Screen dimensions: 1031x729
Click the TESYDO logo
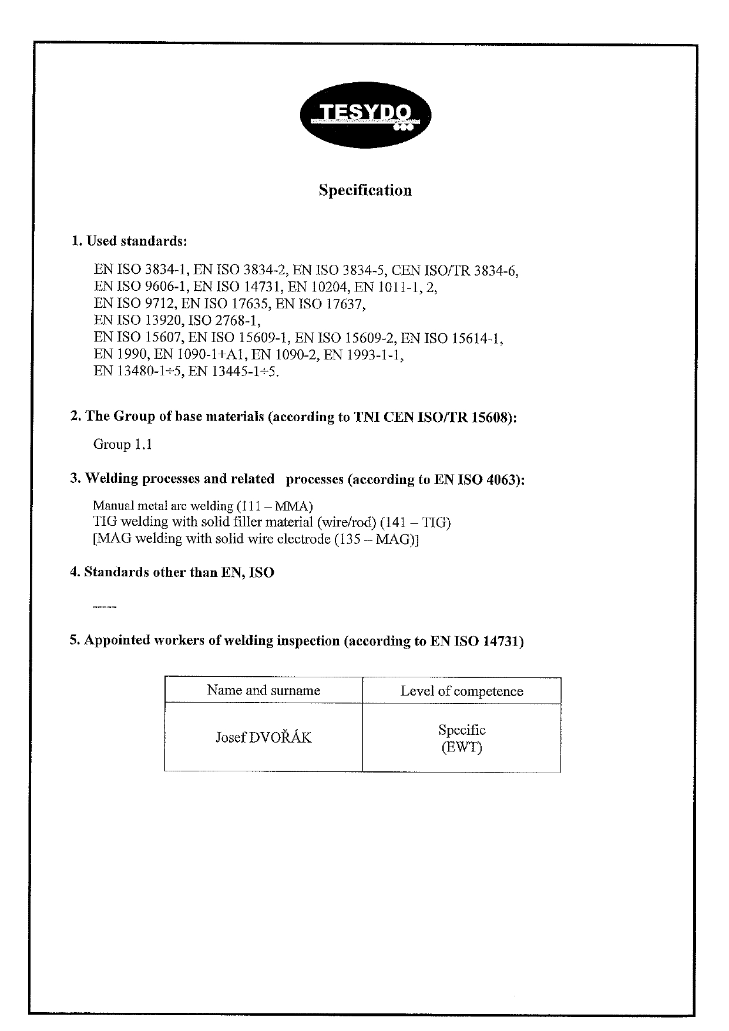pyautogui.click(x=365, y=115)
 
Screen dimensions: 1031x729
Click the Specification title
pyautogui.click(x=365, y=190)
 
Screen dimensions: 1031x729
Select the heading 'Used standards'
pyautogui.click(x=136, y=241)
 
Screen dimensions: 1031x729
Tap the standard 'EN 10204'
pyautogui.click(x=318, y=287)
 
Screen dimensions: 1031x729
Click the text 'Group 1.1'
pyautogui.click(x=123, y=444)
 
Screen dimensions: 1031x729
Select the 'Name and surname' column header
pyautogui.click(x=263, y=690)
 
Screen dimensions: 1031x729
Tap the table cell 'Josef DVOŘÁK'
pyautogui.click(x=263, y=737)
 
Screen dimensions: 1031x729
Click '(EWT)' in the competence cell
pyautogui.click(x=461, y=748)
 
